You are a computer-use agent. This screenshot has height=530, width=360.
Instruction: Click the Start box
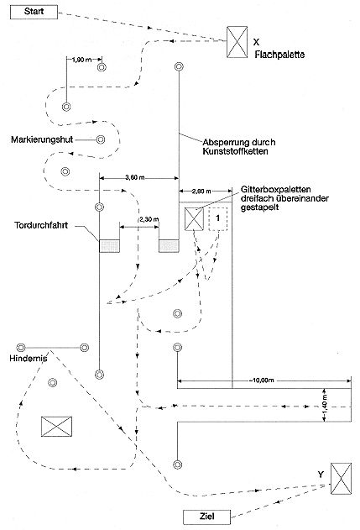34,12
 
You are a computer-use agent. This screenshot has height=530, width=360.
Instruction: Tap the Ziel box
206,517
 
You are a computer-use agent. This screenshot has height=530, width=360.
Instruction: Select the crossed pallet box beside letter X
237,42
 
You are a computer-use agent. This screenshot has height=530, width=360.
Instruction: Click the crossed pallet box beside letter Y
341,479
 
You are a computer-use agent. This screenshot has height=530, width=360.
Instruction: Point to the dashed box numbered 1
218,219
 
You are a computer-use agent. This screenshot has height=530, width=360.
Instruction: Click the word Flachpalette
279,55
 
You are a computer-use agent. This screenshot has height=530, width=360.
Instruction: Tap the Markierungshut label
42,139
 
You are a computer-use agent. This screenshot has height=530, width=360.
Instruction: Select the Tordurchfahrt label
41,225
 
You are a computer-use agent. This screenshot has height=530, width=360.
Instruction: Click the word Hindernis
28,359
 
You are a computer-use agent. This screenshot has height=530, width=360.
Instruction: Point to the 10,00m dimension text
263,380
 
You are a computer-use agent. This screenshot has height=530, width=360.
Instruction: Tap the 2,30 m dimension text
149,219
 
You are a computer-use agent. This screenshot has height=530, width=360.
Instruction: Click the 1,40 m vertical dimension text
325,406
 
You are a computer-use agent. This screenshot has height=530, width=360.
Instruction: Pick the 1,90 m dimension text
81,60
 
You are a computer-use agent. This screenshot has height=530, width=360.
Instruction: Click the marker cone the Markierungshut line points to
101,139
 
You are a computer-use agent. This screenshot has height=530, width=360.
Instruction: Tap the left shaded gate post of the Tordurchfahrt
109,246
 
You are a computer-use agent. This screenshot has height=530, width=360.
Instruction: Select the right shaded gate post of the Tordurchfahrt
169,246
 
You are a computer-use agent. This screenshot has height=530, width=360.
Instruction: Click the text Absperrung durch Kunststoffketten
239,147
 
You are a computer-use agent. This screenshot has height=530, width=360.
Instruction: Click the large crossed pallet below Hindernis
56,427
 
